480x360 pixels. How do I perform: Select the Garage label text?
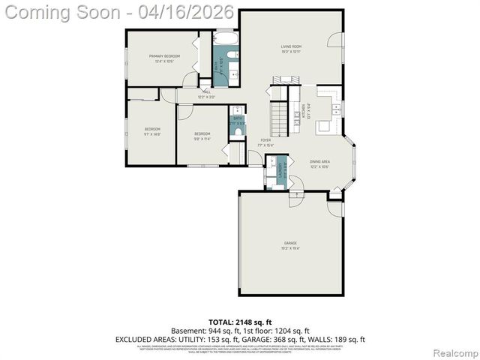290,244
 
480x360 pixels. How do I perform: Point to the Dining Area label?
320,164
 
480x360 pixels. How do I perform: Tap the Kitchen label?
303,111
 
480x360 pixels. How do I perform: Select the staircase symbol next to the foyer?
279,116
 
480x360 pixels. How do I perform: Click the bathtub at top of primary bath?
225,37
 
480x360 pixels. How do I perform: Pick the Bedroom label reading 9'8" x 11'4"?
202,136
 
